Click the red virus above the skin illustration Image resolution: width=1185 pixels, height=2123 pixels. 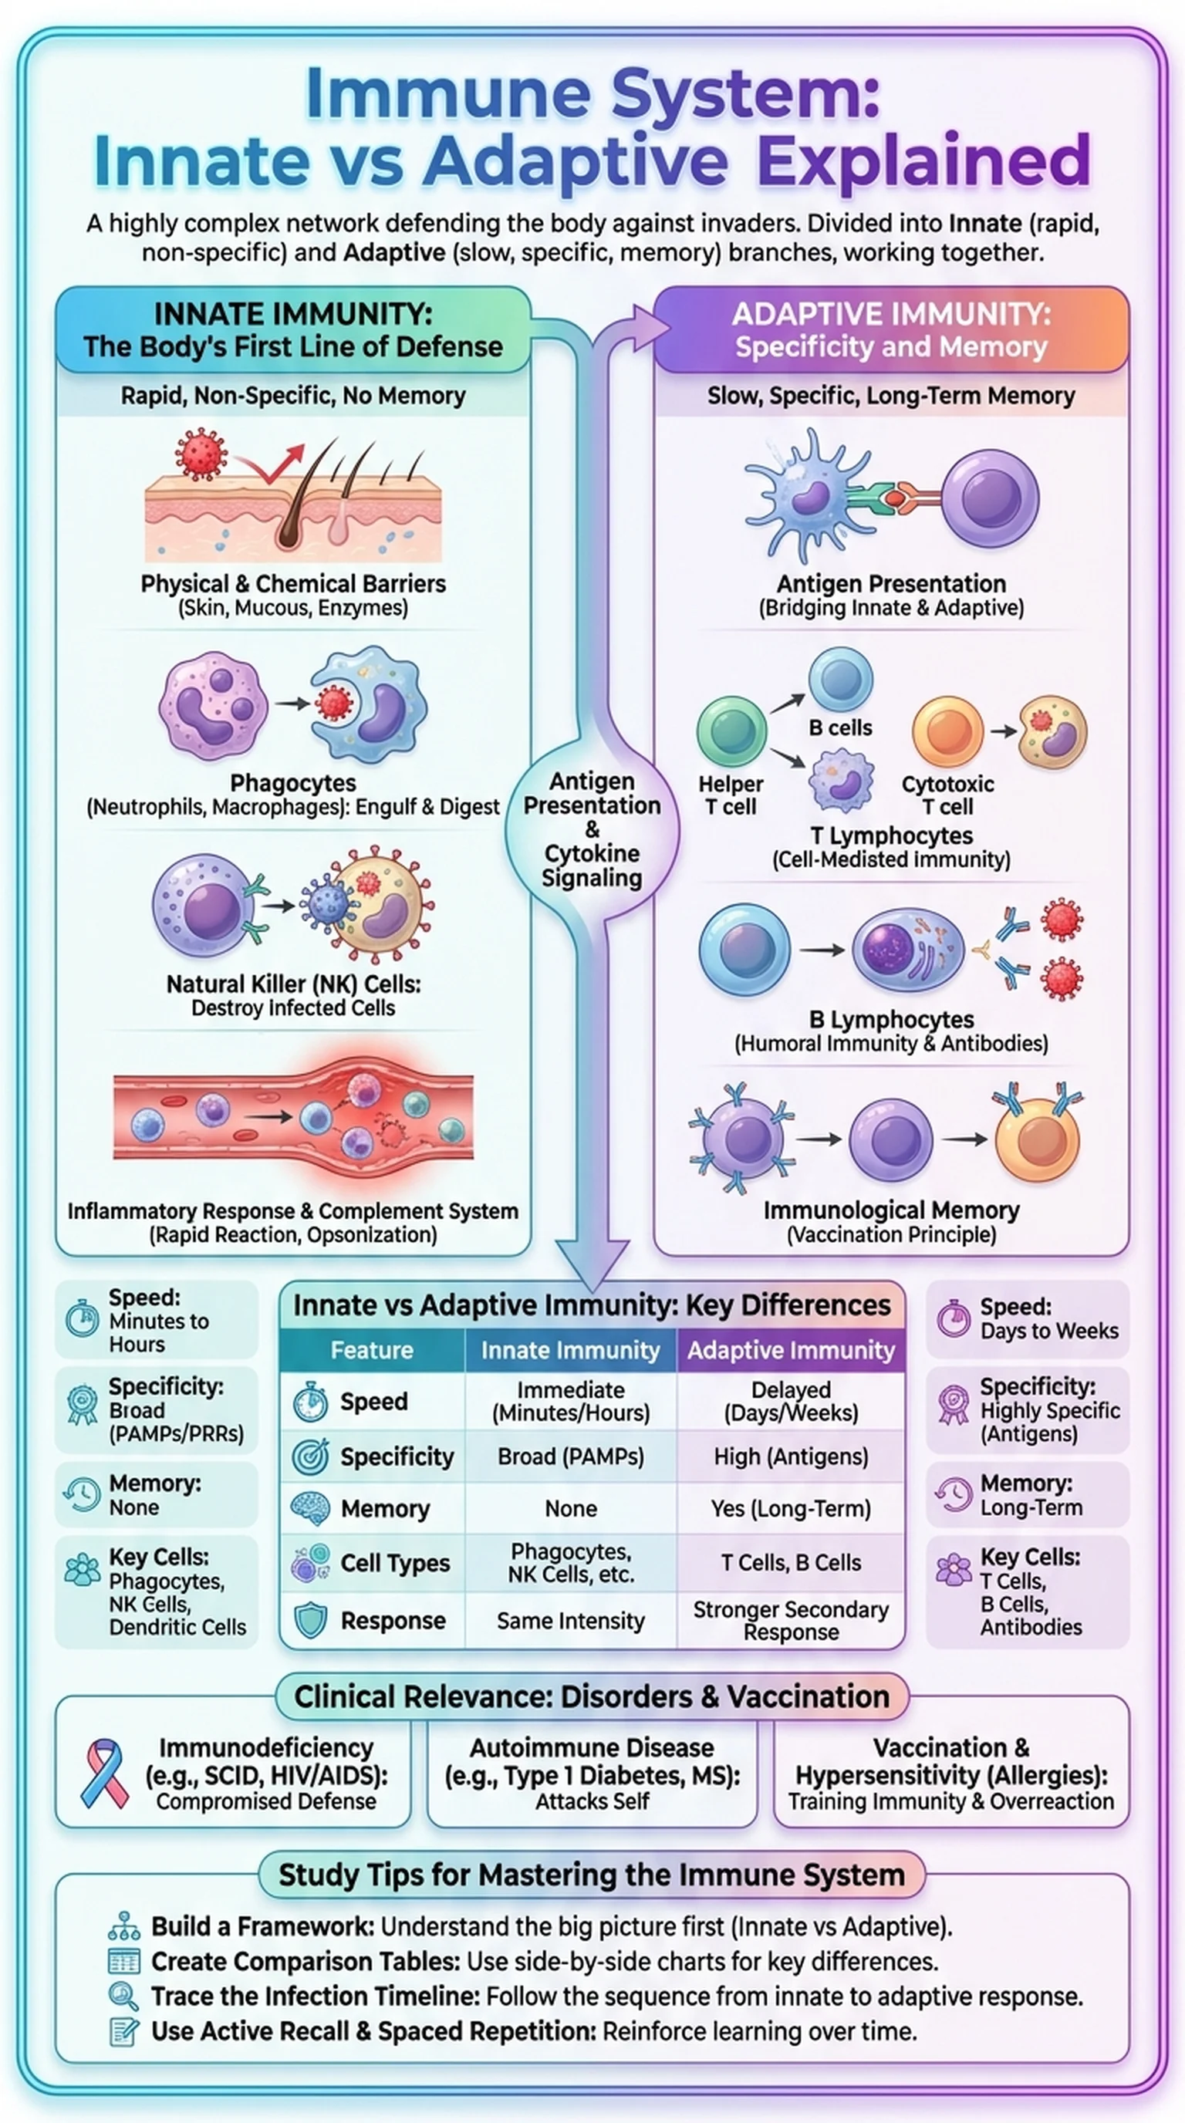click(201, 453)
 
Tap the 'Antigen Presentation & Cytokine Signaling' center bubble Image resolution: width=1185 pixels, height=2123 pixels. click(592, 829)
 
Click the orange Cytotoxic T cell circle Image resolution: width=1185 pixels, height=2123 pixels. click(947, 731)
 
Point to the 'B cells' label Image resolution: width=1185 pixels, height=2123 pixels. click(839, 727)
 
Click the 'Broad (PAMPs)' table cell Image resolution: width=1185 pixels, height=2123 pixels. click(570, 1456)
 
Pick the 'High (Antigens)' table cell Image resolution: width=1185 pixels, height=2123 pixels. click(790, 1456)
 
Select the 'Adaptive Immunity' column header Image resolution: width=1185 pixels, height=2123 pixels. click(790, 1350)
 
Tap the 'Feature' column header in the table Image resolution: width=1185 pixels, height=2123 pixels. click(372, 1350)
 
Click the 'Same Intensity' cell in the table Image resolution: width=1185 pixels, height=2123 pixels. click(570, 1620)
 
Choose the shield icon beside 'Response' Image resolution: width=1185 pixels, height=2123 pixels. click(311, 1620)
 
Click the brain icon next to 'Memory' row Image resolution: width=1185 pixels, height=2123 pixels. click(311, 1508)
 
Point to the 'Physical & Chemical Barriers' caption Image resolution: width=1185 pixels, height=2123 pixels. click(292, 583)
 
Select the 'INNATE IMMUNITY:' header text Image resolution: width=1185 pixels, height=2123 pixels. click(292, 314)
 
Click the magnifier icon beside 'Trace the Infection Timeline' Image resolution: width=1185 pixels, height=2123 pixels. click(123, 1995)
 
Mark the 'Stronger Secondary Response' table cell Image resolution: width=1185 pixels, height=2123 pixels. click(790, 1620)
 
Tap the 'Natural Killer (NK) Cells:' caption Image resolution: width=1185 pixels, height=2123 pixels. click(292, 984)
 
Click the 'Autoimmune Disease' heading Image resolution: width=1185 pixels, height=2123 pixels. click(592, 1747)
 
